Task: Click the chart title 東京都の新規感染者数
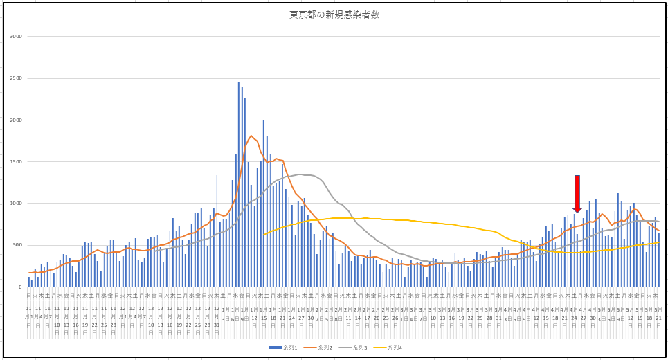tap(334, 15)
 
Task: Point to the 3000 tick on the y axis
tap(15, 37)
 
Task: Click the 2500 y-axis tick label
tap(15, 78)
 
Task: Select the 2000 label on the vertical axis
tap(15, 120)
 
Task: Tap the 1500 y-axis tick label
tap(15, 162)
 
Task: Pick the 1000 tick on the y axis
tap(15, 204)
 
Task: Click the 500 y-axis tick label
tap(17, 245)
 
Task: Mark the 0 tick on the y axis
tap(20, 287)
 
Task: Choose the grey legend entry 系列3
tap(358, 348)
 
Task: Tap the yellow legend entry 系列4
tap(392, 348)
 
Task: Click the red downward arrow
tap(577, 195)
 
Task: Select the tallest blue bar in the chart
tap(239, 84)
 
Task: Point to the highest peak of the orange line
tap(251, 136)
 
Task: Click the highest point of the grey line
tap(300, 174)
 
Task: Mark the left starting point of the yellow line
tap(264, 235)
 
